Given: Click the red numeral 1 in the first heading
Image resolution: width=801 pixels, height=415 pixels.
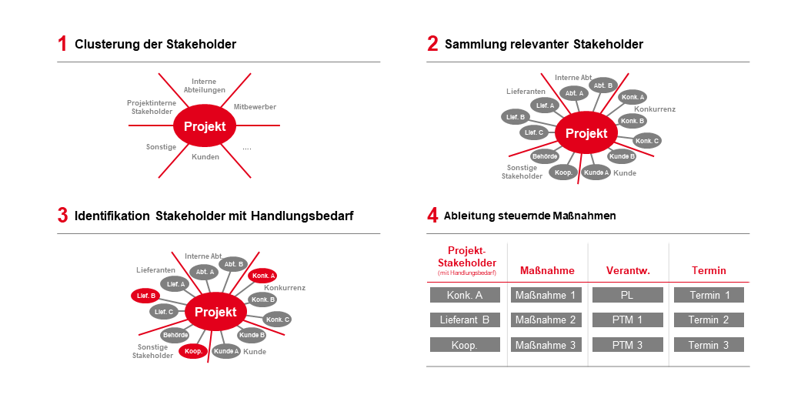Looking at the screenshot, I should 62,44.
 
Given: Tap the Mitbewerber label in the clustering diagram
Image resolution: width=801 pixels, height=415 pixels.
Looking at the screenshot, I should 254,107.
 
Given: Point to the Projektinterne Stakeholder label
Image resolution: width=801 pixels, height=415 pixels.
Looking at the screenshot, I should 152,107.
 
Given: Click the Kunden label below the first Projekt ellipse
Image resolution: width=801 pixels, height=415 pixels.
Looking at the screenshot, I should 205,157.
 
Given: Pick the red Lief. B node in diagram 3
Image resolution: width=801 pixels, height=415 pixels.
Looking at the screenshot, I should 146,296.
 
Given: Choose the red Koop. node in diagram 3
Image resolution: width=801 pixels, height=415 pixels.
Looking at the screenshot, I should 193,350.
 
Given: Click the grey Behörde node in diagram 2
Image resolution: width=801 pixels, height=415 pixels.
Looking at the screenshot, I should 545,156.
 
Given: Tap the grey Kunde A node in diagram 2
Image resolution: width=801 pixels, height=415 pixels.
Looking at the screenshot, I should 596,172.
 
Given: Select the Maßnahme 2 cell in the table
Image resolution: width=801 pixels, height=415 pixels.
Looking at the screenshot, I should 546,320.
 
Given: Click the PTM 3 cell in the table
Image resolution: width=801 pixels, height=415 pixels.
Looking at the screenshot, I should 627,345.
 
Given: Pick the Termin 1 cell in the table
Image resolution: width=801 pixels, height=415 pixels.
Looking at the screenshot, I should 709,295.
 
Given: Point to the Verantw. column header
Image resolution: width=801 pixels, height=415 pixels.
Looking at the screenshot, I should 628,270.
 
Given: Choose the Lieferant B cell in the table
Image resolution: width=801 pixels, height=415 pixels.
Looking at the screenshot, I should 465,320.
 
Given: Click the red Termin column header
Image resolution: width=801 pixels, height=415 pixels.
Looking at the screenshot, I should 709,270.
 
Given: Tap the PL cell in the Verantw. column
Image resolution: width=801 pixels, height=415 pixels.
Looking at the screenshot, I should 627,295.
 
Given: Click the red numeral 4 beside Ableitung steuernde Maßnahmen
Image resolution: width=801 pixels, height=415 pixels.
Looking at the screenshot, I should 432,216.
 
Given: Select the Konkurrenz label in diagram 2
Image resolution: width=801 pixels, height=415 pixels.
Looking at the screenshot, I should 654,109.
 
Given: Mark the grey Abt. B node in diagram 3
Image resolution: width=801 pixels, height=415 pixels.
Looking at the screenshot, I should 232,264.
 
